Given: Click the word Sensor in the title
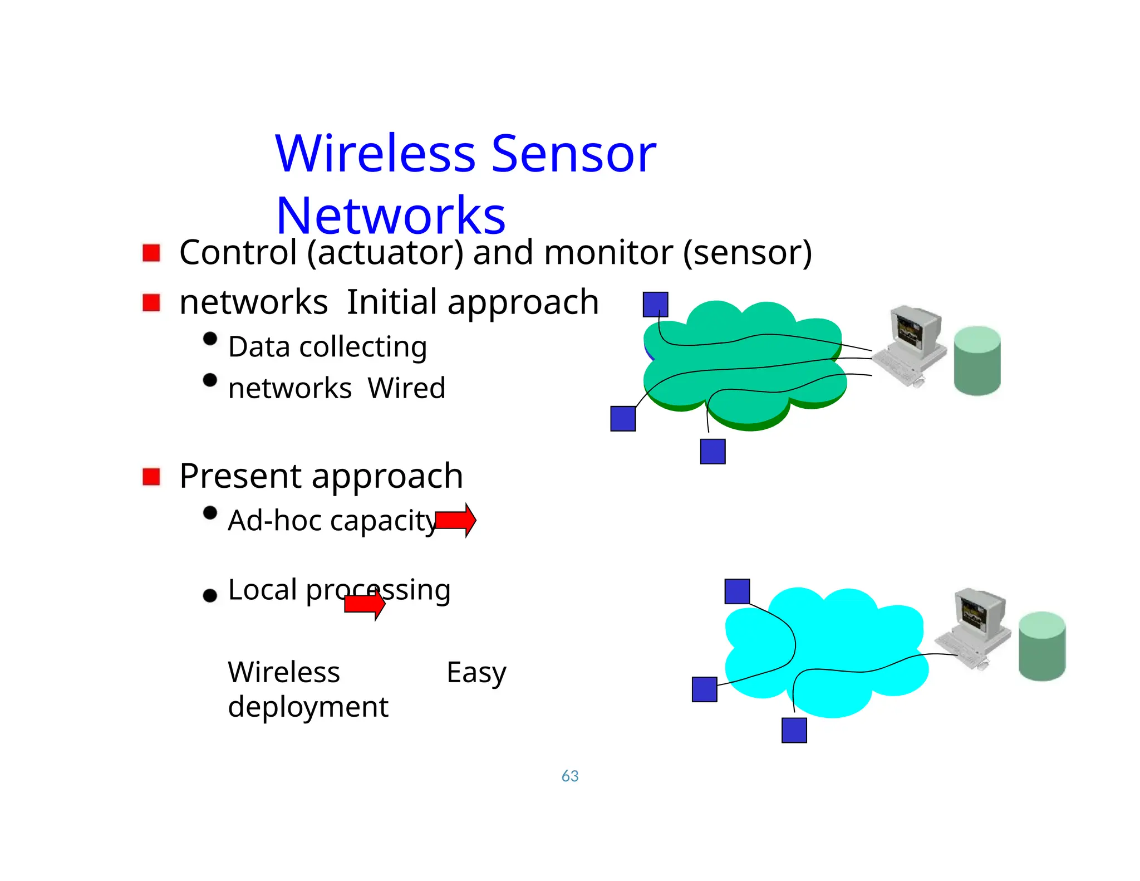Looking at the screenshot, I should [x=573, y=154].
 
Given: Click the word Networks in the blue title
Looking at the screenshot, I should [x=391, y=216].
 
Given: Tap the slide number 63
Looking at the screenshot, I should [x=569, y=776].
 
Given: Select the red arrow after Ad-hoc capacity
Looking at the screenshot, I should [x=455, y=520].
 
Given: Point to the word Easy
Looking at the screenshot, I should [x=476, y=673].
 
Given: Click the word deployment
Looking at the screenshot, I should [x=308, y=707].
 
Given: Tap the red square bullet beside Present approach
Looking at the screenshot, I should [x=151, y=477].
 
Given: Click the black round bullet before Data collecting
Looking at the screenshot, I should [x=210, y=339].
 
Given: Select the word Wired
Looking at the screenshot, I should [x=406, y=388].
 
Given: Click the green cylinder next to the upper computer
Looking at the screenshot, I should [x=977, y=361].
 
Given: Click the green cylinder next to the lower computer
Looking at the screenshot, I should [x=1041, y=646].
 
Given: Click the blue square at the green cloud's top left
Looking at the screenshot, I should [x=655, y=305].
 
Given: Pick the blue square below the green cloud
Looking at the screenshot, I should [x=712, y=451].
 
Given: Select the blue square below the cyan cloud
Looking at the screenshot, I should [x=794, y=730].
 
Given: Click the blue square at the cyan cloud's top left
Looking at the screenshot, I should [x=737, y=591].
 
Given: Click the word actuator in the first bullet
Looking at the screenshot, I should [x=385, y=253].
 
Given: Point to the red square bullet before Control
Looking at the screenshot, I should [x=151, y=253].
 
